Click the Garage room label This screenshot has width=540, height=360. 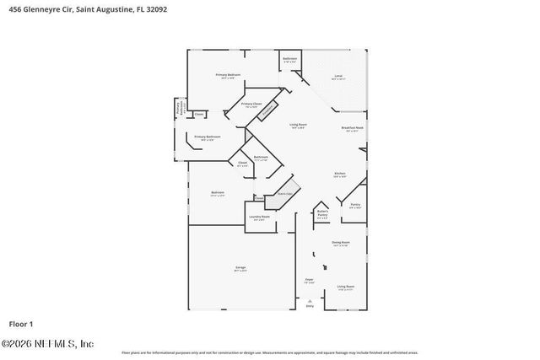tap(240, 268)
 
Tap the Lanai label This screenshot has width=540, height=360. tap(337, 77)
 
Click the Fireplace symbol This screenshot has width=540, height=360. tap(267, 110)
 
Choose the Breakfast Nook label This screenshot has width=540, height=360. tap(352, 129)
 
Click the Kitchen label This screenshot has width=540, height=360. tap(340, 175)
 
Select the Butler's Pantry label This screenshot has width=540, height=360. tap(322, 215)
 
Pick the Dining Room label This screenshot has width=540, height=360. tap(340, 242)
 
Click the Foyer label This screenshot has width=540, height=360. tap(310, 280)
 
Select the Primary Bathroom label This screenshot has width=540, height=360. tap(208, 137)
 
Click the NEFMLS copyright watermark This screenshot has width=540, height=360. tap(47, 344)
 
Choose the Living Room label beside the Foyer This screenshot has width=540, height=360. tap(345, 287)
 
